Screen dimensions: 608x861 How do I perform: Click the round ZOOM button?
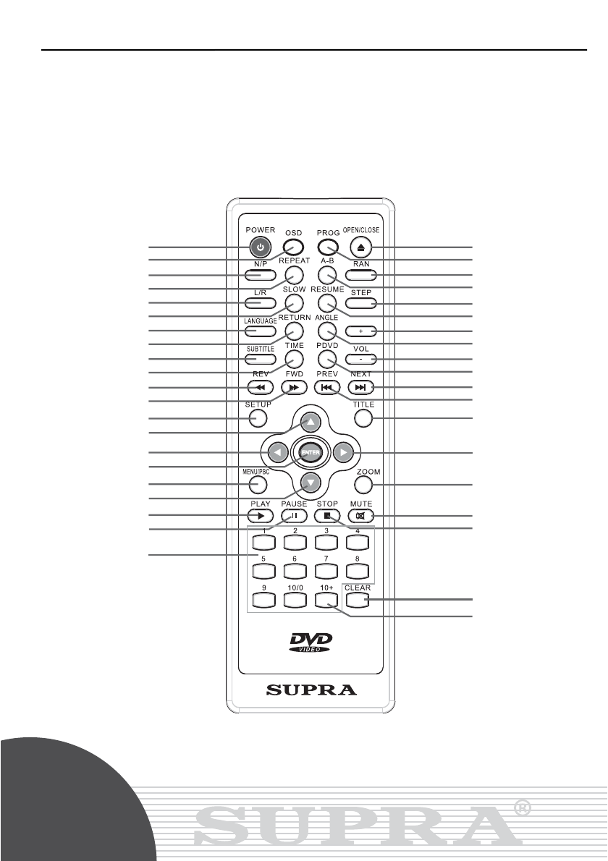point(368,484)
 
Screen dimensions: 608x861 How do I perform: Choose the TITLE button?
point(363,419)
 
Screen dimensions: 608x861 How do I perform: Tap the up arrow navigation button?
point(310,422)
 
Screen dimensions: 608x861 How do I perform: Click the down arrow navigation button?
point(310,483)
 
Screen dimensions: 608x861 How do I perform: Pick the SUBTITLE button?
point(260,359)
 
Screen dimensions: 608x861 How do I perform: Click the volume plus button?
point(360,331)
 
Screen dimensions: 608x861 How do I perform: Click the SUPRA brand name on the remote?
point(311,690)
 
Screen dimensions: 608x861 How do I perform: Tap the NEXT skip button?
point(360,387)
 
